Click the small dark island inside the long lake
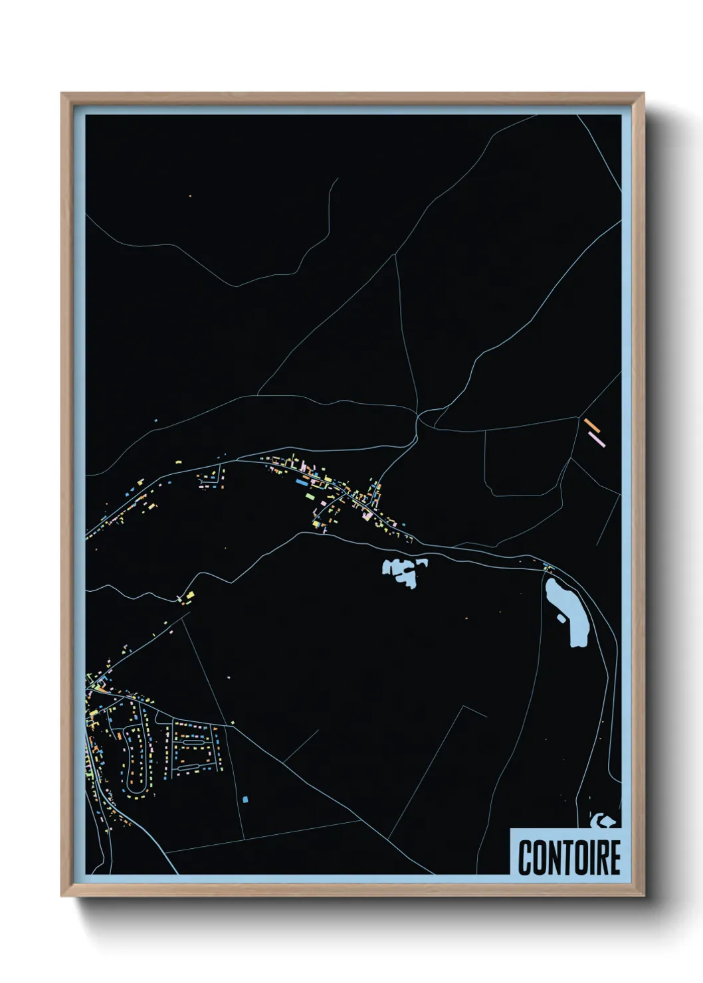click(x=561, y=618)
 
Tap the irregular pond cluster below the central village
click(x=403, y=571)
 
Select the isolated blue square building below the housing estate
click(x=245, y=799)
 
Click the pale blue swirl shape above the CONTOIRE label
click(x=602, y=822)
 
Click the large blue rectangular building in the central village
click(x=310, y=496)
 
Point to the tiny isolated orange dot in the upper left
click(x=190, y=196)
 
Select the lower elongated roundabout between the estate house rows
click(x=188, y=766)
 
